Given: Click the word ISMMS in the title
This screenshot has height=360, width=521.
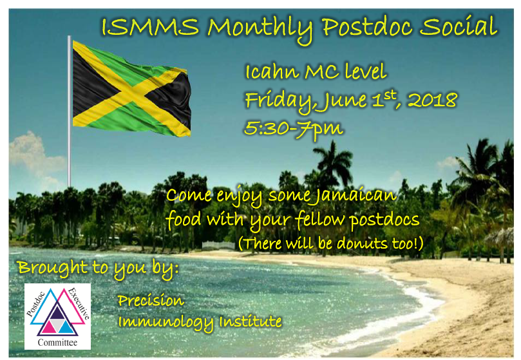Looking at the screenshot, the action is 150,26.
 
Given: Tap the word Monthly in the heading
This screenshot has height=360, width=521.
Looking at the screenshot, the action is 260,28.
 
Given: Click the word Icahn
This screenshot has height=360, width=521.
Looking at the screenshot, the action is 272,71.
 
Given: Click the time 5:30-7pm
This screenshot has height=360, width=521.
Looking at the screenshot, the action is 294,129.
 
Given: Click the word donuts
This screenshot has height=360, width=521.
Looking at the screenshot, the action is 362,243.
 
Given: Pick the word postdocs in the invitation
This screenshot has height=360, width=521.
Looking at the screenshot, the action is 384,220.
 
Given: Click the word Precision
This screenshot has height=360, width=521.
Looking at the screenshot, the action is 151,300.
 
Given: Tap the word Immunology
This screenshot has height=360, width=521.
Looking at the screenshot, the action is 166,322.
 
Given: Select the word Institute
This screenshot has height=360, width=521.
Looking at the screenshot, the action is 251,321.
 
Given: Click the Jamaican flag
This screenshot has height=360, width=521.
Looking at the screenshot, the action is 131,89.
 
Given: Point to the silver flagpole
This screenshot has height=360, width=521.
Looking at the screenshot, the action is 70,111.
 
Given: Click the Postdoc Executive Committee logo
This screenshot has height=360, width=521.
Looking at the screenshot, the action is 57,316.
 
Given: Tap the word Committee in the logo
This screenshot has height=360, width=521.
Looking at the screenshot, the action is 57,343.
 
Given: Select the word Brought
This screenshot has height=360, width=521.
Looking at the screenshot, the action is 53,267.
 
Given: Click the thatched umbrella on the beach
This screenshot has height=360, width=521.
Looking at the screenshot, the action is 499,238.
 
